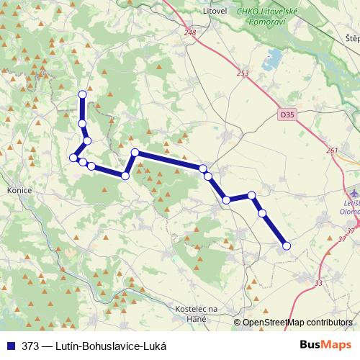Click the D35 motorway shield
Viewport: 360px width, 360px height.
click(287, 114)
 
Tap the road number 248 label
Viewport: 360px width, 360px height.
click(189, 32)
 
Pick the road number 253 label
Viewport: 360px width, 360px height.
click(242, 73)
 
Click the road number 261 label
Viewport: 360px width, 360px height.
click(331, 150)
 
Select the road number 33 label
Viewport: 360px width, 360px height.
click(318, 283)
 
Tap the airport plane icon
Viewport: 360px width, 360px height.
click(353, 194)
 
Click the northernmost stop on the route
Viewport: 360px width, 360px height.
click(82, 94)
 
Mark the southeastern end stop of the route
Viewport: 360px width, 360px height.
click(286, 246)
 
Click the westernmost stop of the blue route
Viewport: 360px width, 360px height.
click(73, 157)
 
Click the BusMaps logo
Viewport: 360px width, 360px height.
click(326, 345)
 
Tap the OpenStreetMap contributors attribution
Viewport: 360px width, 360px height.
click(297, 323)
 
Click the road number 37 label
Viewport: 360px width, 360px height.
click(351, 230)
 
